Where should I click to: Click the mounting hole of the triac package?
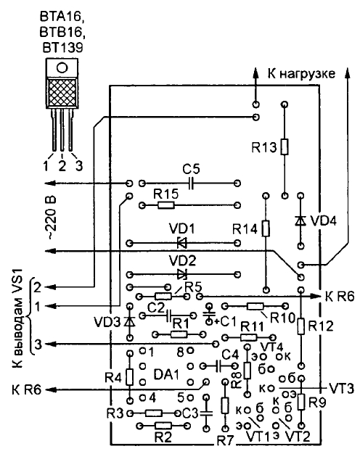click(62, 67)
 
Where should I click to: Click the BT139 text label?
click(62, 48)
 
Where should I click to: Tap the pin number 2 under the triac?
click(62, 166)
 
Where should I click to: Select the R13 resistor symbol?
click(285, 146)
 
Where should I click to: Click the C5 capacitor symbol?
click(190, 183)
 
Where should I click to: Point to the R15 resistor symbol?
click(166, 205)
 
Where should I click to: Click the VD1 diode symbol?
click(182, 243)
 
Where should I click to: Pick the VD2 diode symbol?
click(182, 274)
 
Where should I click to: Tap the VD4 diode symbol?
click(300, 221)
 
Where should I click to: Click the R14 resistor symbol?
click(266, 228)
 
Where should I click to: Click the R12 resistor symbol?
click(301, 326)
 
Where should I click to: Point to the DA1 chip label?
click(167, 375)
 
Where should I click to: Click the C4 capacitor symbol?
click(219, 366)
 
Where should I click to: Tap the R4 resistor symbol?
click(130, 377)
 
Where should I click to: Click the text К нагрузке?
click(301, 74)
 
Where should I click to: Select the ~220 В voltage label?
click(52, 218)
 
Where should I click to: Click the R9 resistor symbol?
click(301, 402)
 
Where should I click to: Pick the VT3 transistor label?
click(341, 389)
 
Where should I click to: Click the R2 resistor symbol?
click(163, 425)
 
